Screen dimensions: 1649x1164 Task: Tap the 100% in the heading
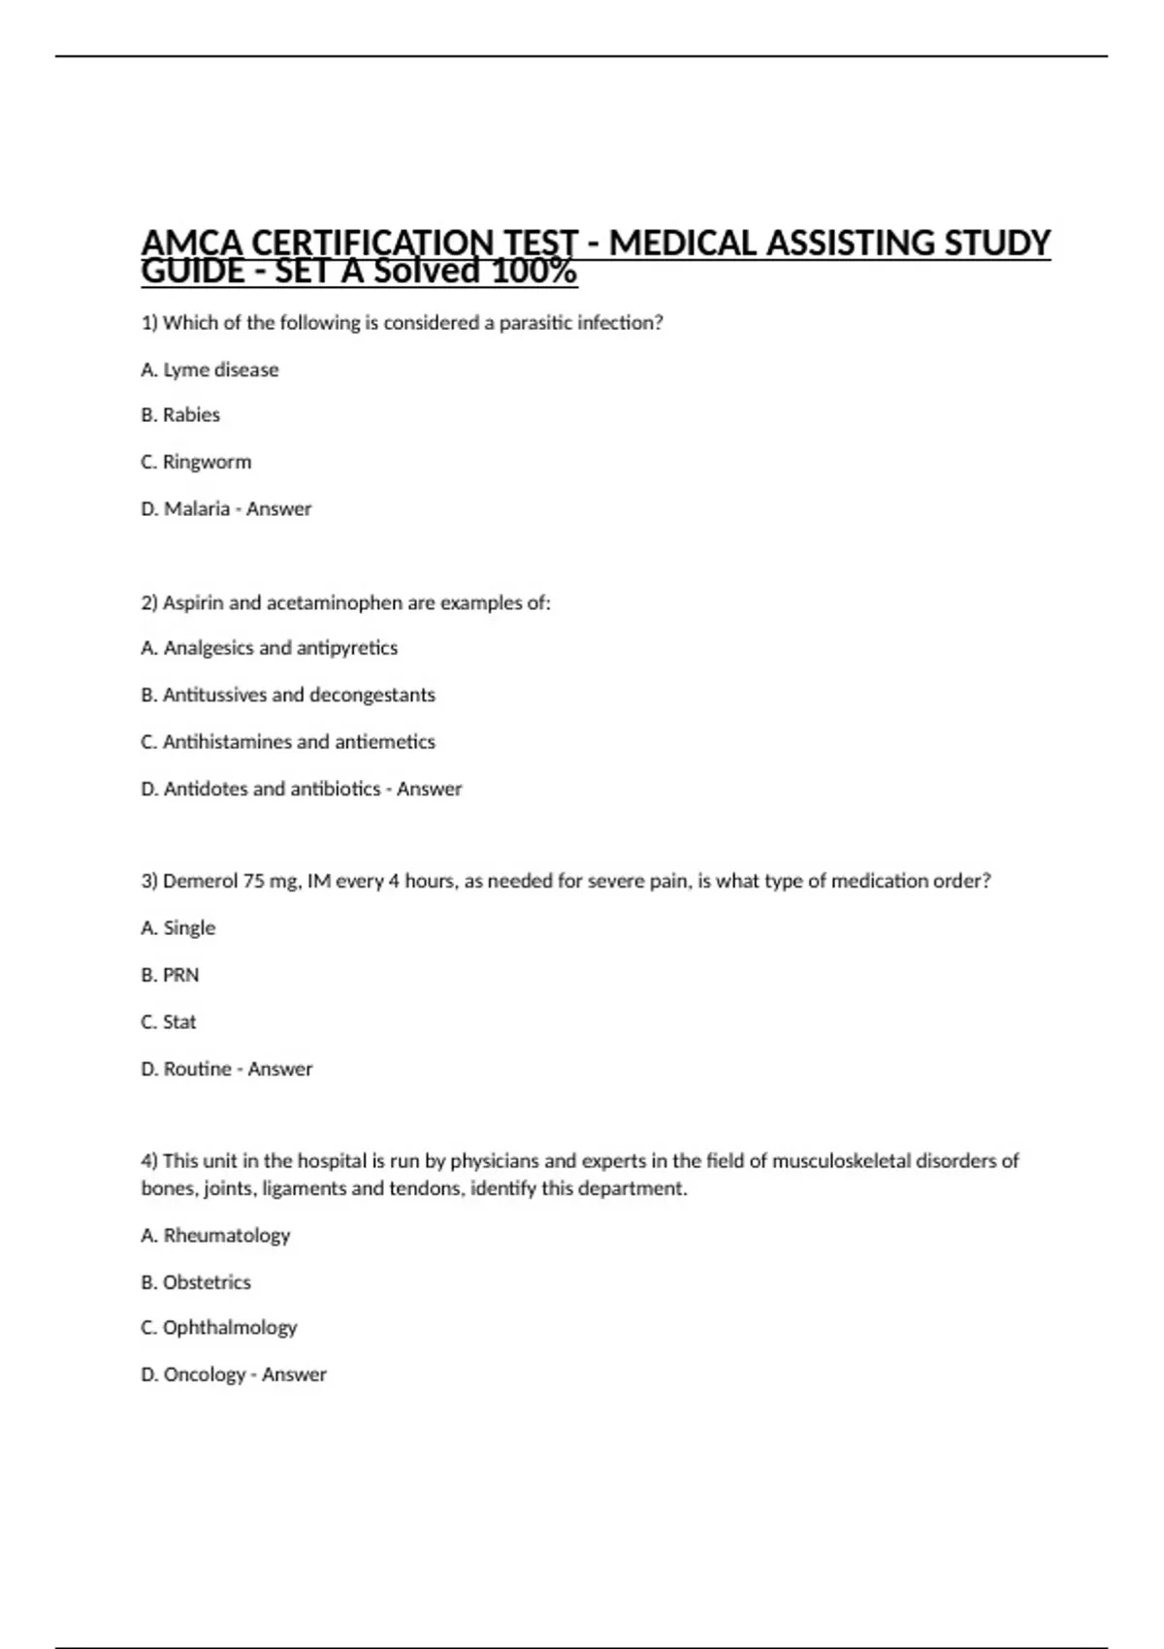(x=533, y=272)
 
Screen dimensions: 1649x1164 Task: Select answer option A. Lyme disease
(x=210, y=370)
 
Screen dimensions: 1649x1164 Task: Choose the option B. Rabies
(x=180, y=415)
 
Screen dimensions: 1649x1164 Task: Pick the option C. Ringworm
(x=196, y=462)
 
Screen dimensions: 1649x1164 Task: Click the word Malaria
(x=197, y=509)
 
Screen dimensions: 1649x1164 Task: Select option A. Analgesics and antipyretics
(x=269, y=648)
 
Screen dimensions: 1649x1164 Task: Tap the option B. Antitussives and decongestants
(x=288, y=695)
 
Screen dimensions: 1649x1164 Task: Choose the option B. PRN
(x=170, y=975)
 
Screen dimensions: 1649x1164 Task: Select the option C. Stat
(x=169, y=1022)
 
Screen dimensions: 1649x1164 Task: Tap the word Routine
(x=198, y=1069)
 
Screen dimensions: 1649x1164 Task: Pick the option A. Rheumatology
(x=215, y=1236)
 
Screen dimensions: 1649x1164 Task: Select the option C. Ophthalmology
(x=219, y=1328)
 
